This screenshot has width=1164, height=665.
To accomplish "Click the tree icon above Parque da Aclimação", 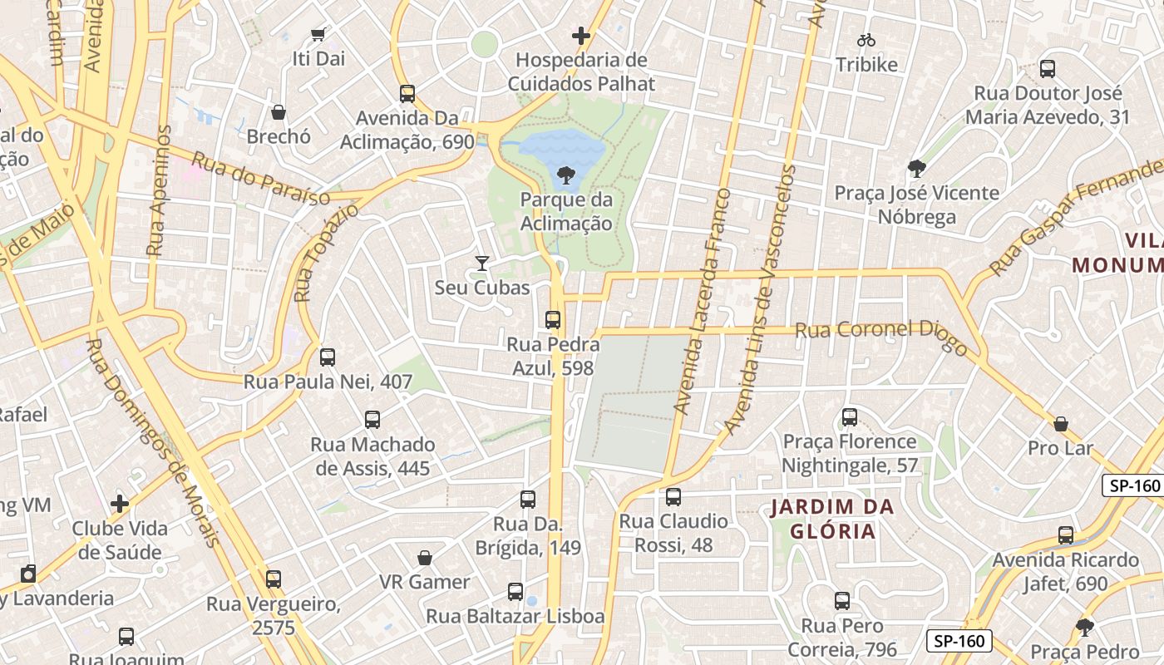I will [566, 175].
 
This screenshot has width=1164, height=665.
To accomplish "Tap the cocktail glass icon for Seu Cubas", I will [481, 264].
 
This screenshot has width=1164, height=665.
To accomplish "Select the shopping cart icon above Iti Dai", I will [318, 34].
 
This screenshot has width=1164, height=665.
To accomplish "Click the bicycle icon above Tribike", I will [866, 39].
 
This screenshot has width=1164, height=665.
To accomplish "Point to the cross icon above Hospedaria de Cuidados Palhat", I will [581, 36].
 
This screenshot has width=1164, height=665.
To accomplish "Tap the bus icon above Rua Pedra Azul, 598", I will [553, 320].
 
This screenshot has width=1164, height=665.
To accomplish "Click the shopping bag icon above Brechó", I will [279, 112].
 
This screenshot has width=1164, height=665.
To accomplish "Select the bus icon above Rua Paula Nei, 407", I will [328, 357].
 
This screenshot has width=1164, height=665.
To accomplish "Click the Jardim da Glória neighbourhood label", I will [831, 519].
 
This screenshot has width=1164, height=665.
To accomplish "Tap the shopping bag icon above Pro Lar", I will [1061, 424].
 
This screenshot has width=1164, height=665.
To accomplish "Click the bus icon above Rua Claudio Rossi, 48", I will [673, 497].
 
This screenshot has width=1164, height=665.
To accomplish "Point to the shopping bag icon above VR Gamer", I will [425, 557].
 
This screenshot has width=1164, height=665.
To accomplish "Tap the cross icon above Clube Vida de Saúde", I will [120, 504].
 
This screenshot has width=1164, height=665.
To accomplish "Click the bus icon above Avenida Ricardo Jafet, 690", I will [1066, 535].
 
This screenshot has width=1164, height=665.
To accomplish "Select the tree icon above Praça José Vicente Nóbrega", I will [917, 169].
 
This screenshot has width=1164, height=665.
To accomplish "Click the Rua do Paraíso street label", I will [260, 178].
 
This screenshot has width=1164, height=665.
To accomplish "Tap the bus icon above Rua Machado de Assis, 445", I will [372, 420].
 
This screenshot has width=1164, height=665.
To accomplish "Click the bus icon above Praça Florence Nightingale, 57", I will [850, 416].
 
